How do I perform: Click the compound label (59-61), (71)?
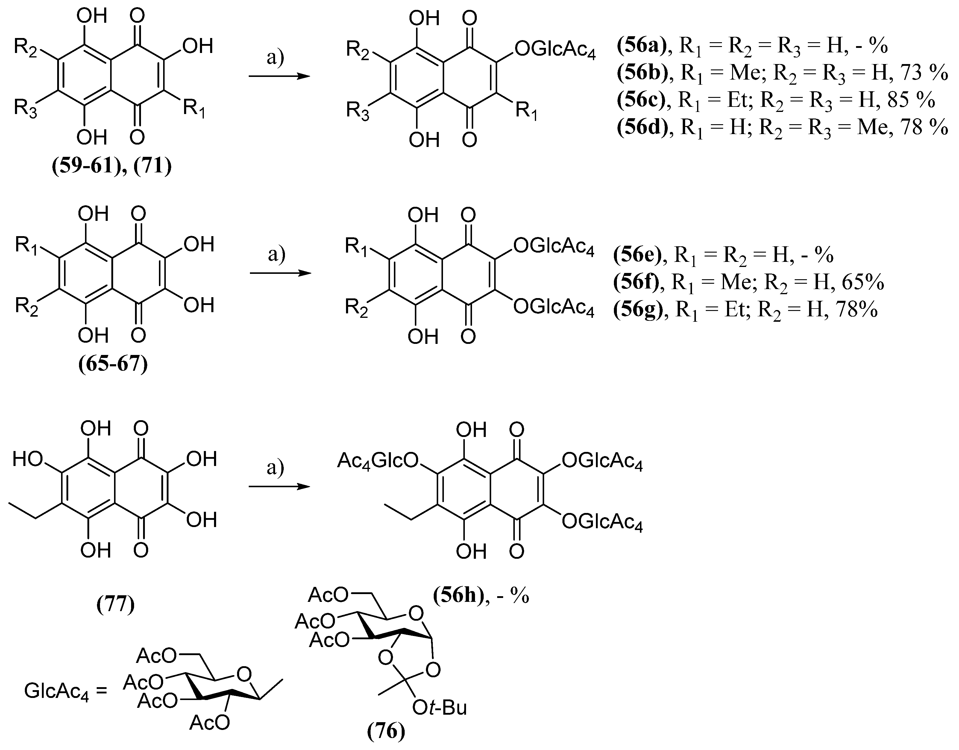[112, 167]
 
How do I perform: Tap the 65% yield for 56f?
[863, 282]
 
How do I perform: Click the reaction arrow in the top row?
[279, 76]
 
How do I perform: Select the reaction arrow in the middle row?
[280, 273]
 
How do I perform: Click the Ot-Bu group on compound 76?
[439, 708]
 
